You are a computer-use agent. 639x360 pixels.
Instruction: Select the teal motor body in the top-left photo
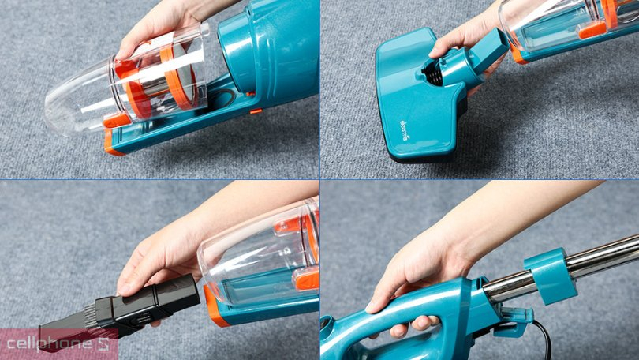click(272, 47)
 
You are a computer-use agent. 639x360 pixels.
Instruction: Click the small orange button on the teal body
click(256, 111)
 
